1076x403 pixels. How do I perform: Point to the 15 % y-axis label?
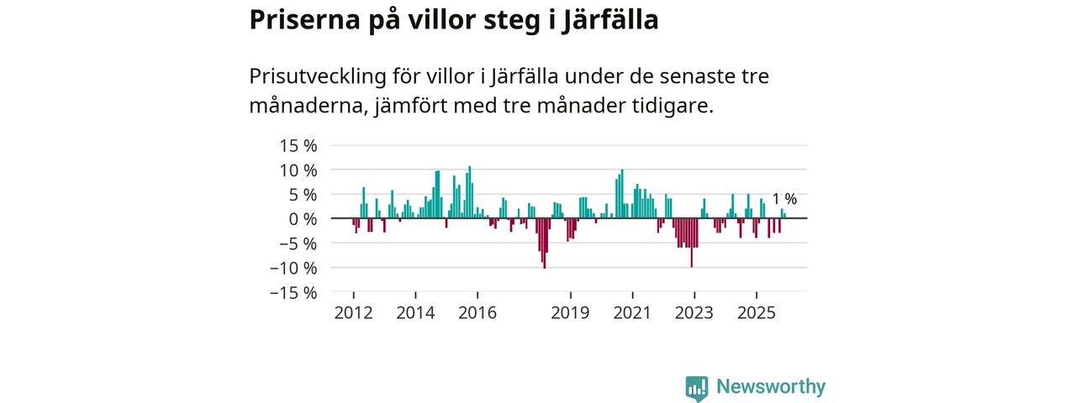click(x=298, y=146)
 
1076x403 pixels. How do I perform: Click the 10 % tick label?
click(x=298, y=170)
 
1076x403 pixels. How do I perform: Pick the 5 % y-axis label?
click(x=303, y=195)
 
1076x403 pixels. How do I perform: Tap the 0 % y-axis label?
click(x=303, y=219)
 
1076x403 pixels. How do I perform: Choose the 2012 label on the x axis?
click(x=353, y=313)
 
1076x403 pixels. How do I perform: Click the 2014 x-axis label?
click(x=415, y=313)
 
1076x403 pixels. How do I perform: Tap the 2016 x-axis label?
click(x=477, y=313)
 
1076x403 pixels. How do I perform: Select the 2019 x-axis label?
click(x=571, y=313)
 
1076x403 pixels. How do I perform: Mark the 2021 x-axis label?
click(x=633, y=313)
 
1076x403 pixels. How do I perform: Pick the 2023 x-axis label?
click(x=694, y=313)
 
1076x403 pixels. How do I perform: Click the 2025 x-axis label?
click(x=757, y=313)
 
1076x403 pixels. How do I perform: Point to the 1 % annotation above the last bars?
click(x=784, y=199)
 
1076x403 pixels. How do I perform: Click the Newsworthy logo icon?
click(x=696, y=387)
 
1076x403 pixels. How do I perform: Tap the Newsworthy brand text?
click(x=771, y=387)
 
